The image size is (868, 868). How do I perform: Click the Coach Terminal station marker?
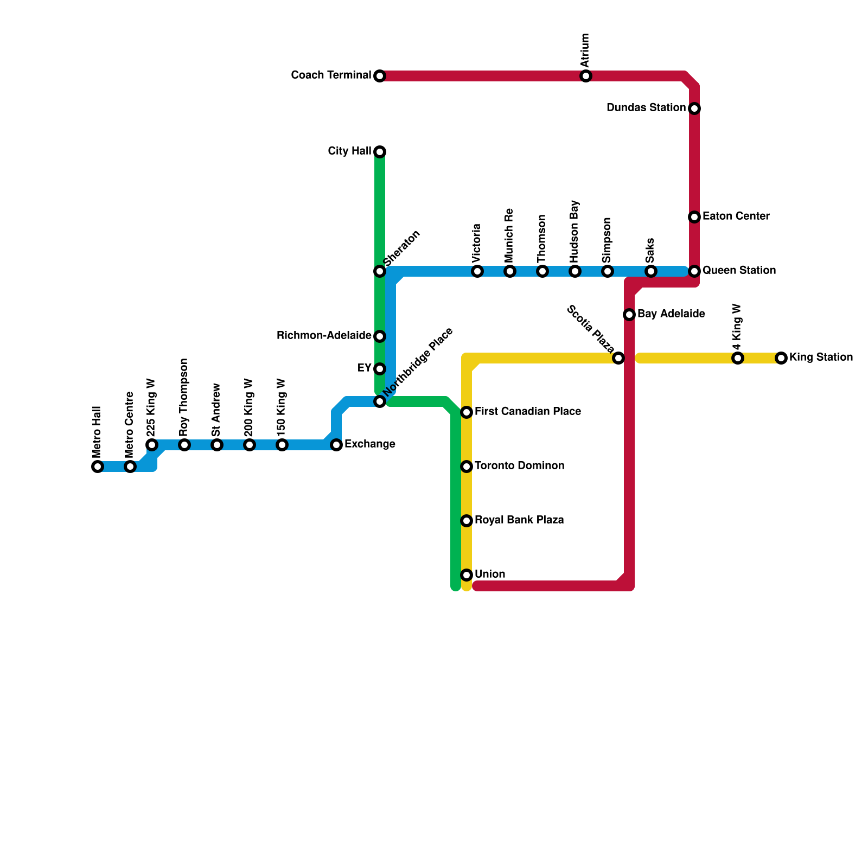[x=380, y=76]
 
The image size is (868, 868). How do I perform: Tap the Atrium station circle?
[x=586, y=76]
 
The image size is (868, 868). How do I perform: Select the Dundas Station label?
[x=646, y=108]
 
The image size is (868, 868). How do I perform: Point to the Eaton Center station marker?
[x=694, y=217]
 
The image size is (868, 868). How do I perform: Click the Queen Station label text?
[x=739, y=271]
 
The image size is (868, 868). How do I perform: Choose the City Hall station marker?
[x=380, y=152]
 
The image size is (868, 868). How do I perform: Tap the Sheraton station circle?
[x=380, y=271]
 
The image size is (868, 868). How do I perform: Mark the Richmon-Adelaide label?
[x=324, y=336]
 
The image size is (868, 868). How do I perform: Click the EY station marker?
[x=380, y=369]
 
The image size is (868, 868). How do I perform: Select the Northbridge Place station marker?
[x=380, y=401]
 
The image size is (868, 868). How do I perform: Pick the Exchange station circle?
[x=336, y=445]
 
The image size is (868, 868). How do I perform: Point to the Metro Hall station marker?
[x=98, y=467]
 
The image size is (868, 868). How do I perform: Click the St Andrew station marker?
[x=217, y=445]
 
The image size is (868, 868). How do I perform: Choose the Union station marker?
[x=467, y=575]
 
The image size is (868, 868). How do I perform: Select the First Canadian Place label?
[x=527, y=412]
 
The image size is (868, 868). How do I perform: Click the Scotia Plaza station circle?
[x=618, y=358]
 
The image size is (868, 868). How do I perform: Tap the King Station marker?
[x=781, y=358]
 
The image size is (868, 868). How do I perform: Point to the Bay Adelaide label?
[x=671, y=314]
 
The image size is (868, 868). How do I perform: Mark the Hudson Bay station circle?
[x=575, y=271]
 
